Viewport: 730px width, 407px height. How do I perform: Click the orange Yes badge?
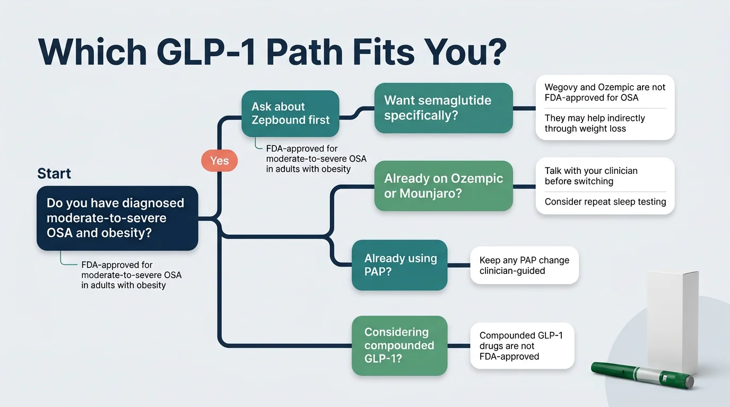pyautogui.click(x=219, y=161)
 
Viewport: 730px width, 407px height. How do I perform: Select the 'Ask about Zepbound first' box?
pyautogui.click(x=290, y=113)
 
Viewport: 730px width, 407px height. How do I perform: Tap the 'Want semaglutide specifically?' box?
pyautogui.click(x=443, y=108)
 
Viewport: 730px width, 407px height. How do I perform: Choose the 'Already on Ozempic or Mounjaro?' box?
pyautogui.click(x=443, y=185)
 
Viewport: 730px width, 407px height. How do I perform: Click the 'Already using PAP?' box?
pyautogui.click(x=399, y=265)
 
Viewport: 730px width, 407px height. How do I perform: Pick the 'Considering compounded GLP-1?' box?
pyautogui.click(x=399, y=346)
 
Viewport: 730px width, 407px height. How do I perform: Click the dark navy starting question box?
pyautogui.click(x=117, y=218)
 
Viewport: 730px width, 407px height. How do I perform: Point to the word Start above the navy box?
pyautogui.click(x=54, y=174)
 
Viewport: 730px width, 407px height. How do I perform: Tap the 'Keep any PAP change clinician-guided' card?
pyautogui.click(x=524, y=266)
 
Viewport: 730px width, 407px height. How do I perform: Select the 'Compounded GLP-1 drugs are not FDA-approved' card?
pyautogui.click(x=522, y=346)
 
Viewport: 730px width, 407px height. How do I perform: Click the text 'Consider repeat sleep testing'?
pyautogui.click(x=605, y=202)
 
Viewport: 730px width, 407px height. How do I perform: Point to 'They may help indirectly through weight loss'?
pyautogui.click(x=594, y=123)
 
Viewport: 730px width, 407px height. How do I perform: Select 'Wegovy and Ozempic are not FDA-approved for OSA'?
pyautogui.click(x=605, y=92)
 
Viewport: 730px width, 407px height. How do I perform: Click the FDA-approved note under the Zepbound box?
pyautogui.click(x=316, y=159)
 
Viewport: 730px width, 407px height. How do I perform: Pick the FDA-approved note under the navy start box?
pyautogui.click(x=131, y=275)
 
